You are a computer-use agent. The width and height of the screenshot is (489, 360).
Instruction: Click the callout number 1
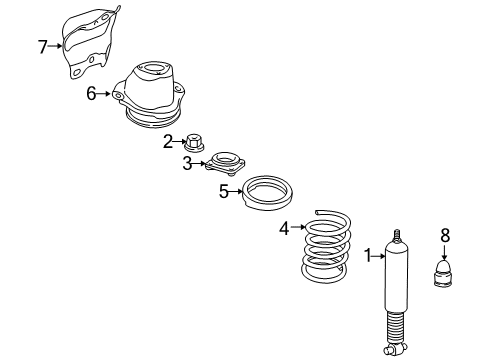368,255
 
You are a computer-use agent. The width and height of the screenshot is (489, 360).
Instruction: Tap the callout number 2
168,141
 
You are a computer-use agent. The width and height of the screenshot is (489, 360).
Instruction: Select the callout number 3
187,164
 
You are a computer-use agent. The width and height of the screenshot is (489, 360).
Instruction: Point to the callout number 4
284,229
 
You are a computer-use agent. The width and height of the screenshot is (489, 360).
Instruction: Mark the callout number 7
42,46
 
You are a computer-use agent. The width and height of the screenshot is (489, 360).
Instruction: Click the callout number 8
446,236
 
